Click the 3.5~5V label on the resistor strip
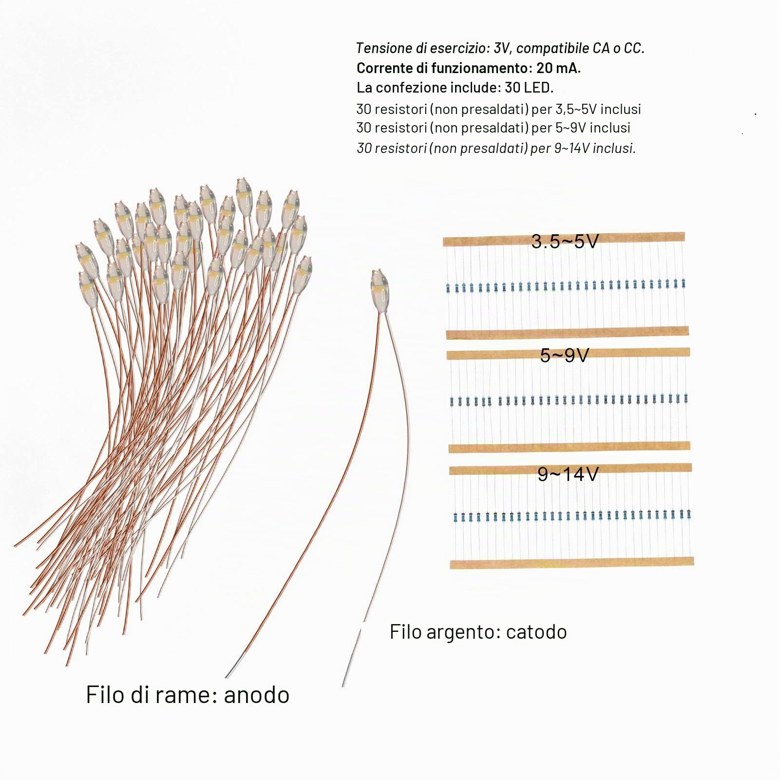tap(565, 241)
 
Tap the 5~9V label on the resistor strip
tap(565, 355)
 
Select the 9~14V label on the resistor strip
tap(568, 474)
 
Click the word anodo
tap(256, 694)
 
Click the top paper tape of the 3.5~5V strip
tap(564, 240)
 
